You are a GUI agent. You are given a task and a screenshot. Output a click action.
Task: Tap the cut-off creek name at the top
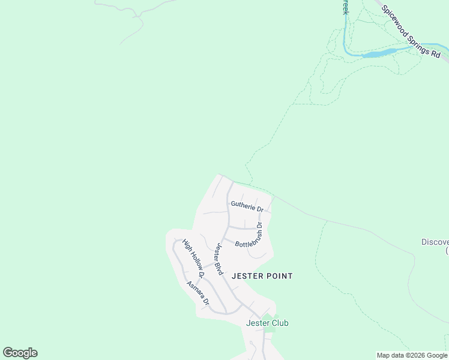point(345,7)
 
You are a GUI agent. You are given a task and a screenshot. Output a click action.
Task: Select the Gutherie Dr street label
point(247,206)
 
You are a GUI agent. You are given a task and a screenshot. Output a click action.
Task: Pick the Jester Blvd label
point(219,259)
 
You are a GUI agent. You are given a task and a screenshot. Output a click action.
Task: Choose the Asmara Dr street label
point(197,292)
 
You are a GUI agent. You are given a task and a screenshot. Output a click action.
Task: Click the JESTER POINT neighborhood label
point(262,276)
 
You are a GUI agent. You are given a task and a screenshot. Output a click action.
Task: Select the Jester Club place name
point(267,323)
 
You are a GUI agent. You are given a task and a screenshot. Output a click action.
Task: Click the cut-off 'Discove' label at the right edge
point(435,242)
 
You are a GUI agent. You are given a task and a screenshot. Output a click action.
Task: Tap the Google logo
point(20,353)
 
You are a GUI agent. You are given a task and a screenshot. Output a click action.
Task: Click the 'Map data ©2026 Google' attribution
point(412,355)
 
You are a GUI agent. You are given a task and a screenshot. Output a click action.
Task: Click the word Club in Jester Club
point(279,323)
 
